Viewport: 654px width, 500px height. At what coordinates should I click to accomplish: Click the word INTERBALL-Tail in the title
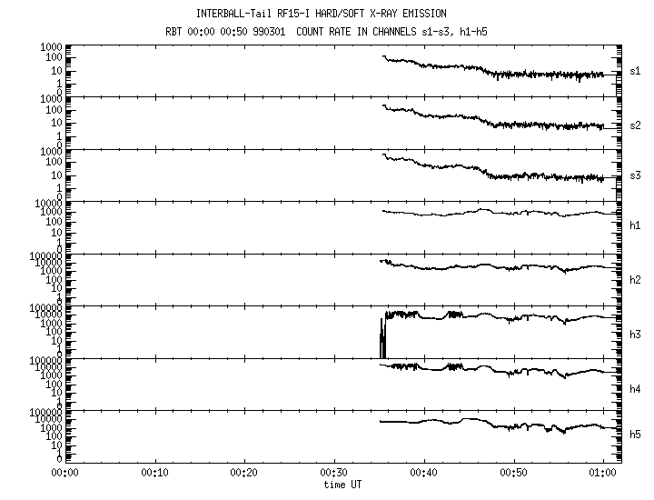coord(231,14)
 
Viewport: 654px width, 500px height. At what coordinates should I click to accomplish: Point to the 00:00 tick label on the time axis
coord(63,473)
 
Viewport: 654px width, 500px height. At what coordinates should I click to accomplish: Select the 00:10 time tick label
coord(153,473)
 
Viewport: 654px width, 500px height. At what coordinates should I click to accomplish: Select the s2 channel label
coord(635,125)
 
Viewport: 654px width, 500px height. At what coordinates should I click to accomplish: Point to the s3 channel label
coord(635,176)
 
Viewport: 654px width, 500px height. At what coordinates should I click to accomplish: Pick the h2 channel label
coord(635,281)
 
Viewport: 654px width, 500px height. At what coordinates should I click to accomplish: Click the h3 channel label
coord(635,334)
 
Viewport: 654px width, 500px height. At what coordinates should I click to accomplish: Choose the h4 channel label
coord(635,385)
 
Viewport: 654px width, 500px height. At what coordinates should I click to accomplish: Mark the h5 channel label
coord(635,438)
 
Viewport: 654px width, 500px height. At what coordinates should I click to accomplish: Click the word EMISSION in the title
coord(421,14)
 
